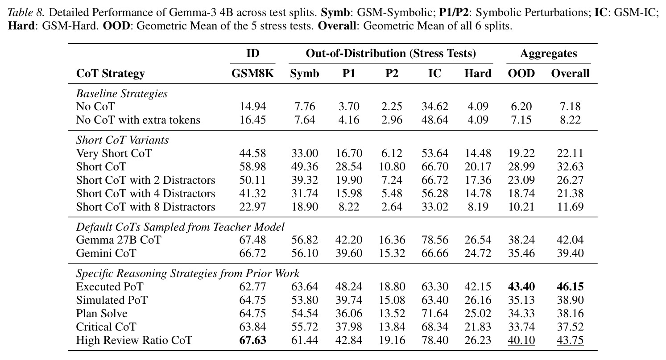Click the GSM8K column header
click(x=252, y=74)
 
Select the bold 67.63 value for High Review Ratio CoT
click(x=252, y=340)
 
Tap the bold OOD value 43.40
click(x=521, y=286)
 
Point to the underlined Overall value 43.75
click(x=570, y=340)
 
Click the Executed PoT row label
click(x=110, y=286)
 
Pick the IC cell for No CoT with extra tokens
click(x=434, y=120)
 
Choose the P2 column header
click(x=392, y=74)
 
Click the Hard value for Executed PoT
click(x=478, y=286)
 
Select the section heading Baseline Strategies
click(x=122, y=94)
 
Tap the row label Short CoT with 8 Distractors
click(x=145, y=207)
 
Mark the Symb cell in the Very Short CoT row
click(x=305, y=153)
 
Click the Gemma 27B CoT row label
click(x=118, y=240)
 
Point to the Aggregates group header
click(x=549, y=54)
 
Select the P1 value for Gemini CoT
click(x=349, y=253)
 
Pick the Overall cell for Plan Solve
click(x=570, y=313)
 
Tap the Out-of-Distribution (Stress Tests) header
click(x=391, y=54)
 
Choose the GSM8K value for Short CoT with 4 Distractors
click(x=252, y=194)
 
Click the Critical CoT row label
click(x=106, y=327)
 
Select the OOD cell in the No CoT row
click(x=521, y=107)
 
